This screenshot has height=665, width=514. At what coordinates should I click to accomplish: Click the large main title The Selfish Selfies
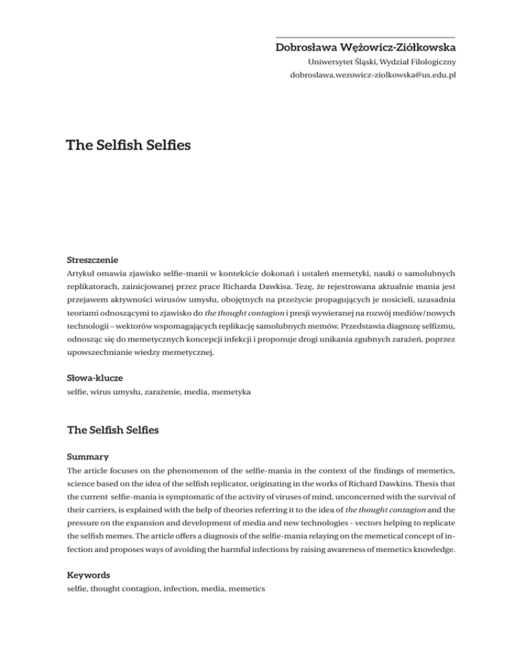(x=127, y=145)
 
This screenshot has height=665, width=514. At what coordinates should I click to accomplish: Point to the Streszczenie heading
(x=90, y=257)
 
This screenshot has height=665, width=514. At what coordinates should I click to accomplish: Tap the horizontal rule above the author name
(x=365, y=37)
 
